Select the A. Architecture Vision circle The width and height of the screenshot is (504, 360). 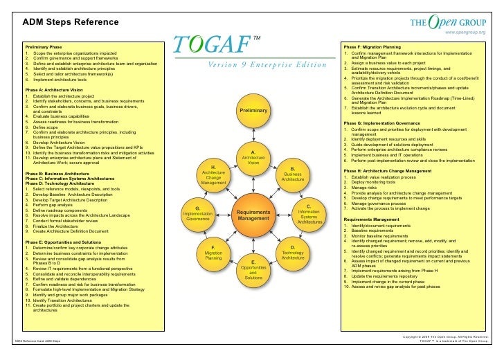(253, 158)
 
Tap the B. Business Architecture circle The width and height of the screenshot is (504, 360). (293, 174)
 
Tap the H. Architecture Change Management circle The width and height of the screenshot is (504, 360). (214, 174)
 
